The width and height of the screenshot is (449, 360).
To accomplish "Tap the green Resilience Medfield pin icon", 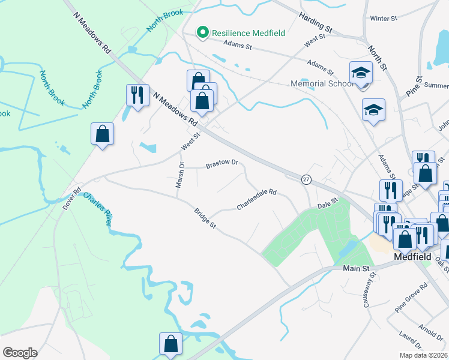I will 203,32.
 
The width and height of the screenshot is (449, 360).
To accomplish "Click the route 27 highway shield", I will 306,179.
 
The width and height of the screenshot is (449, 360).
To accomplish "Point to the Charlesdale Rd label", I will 256,200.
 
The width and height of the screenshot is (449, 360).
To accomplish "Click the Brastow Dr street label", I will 222,163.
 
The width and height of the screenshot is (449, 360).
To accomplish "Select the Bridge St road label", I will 205,218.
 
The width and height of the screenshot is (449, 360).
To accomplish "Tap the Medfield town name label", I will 414,256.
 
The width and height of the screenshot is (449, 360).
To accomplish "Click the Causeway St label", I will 369,290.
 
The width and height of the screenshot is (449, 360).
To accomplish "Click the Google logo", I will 20,353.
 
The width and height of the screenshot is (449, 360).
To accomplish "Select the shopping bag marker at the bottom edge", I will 170,344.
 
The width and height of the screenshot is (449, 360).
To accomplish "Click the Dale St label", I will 328,205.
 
